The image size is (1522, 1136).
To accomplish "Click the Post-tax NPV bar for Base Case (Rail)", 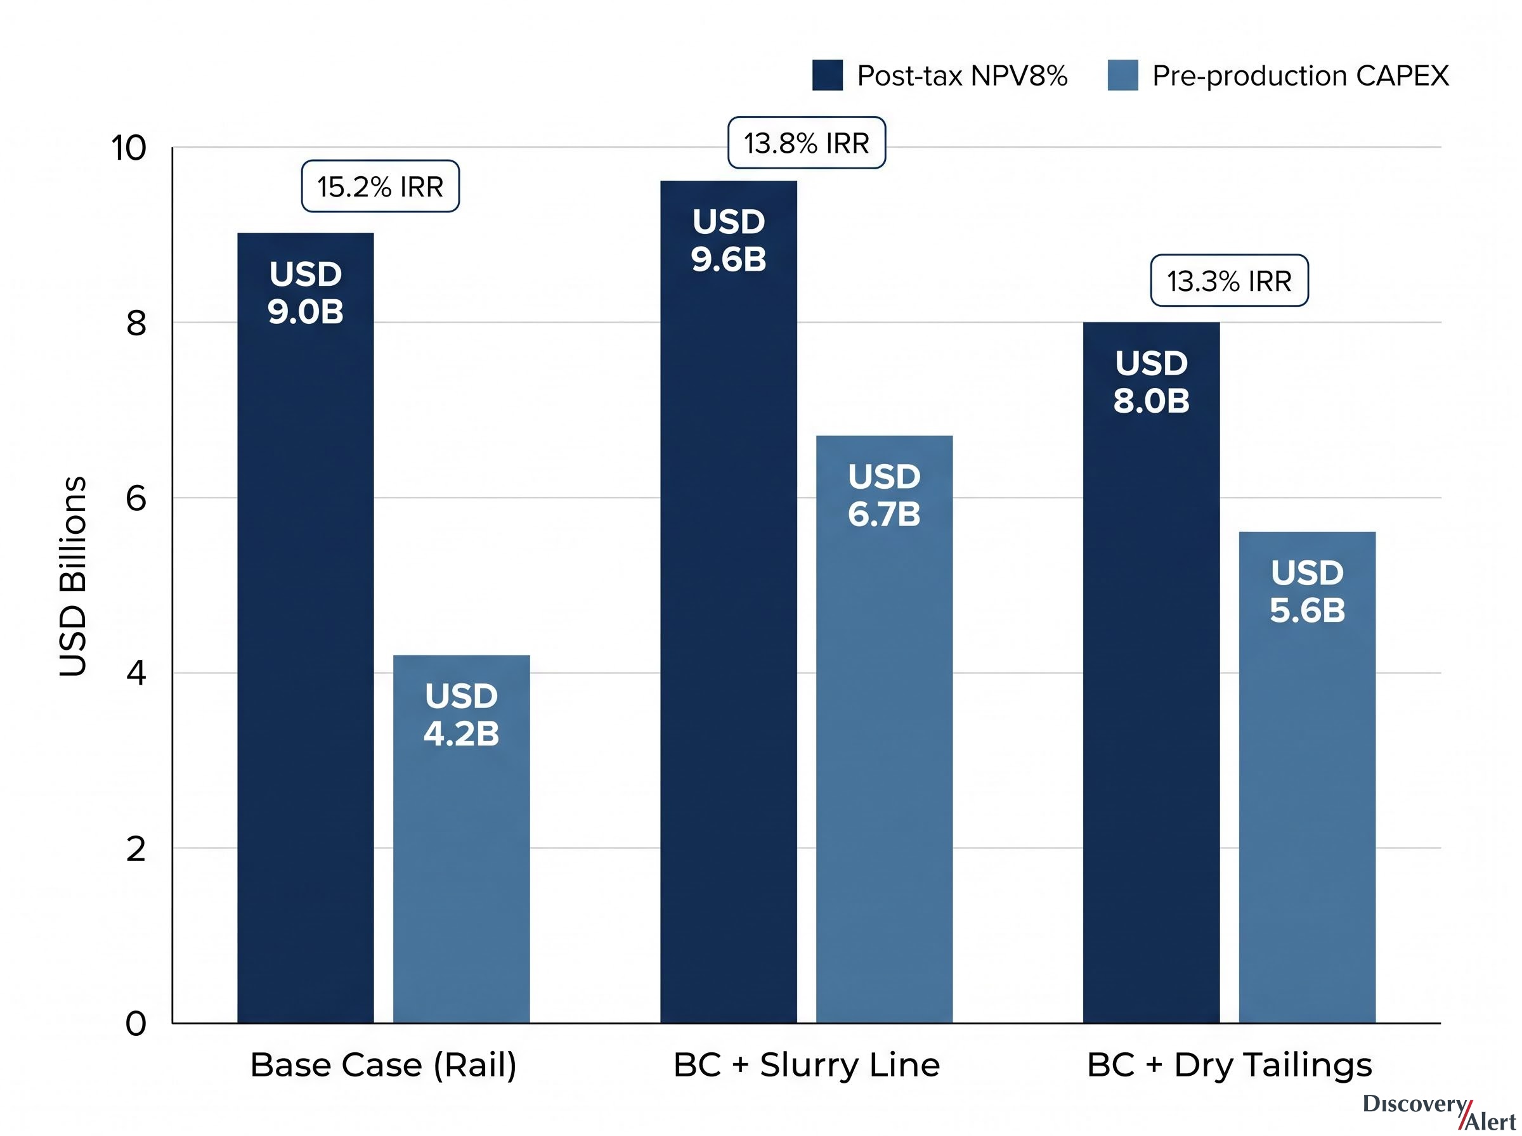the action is pos(306,628).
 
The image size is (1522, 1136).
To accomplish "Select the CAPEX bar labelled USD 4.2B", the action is pos(462,839).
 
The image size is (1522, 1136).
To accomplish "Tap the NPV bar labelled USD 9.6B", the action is pos(728,602).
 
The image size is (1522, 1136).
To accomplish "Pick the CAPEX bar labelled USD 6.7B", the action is pos(885,729).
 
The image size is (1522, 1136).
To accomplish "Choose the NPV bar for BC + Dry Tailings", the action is pos(1151,673).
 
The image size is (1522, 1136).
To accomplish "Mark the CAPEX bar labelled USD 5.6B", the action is pos(1308,777).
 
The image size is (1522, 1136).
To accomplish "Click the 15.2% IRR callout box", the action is pos(380,186).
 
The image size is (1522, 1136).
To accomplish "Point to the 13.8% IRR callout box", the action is pos(807,143).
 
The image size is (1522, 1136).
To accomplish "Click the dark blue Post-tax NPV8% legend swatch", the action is pos(828,75).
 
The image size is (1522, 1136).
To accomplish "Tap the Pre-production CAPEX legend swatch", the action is pos(1122,75).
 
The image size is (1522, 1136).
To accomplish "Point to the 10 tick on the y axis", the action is pos(129,148).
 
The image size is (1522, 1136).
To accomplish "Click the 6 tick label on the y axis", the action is pos(136,498).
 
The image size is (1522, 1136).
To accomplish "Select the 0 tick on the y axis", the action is pos(136,1024).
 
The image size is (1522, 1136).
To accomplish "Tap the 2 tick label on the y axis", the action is pos(136,849).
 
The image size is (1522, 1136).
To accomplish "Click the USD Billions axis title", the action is pos(73,576).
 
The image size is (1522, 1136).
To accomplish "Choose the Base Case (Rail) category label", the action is pos(383,1065).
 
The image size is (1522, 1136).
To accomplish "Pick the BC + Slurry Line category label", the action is pos(807,1065).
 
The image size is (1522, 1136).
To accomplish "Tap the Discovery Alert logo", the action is pos(1440,1112).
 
